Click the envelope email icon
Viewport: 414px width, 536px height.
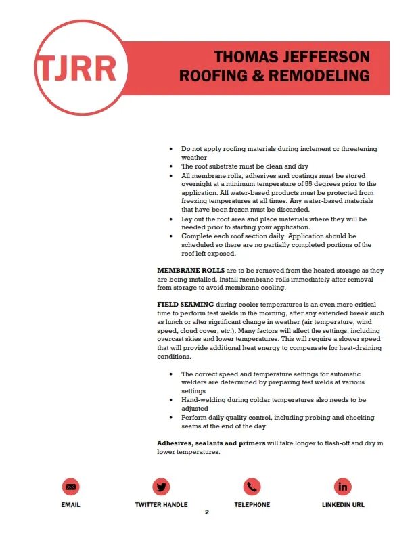[x=71, y=486]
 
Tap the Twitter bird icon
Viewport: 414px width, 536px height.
[x=162, y=486]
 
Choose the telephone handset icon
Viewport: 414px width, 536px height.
[x=252, y=486]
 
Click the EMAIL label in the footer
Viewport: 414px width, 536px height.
[x=71, y=504]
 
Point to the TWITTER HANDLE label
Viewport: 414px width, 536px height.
[x=162, y=504]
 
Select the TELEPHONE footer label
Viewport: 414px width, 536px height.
[x=252, y=504]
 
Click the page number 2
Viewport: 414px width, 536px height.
[x=207, y=512]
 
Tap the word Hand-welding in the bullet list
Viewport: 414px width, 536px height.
[x=201, y=400]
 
